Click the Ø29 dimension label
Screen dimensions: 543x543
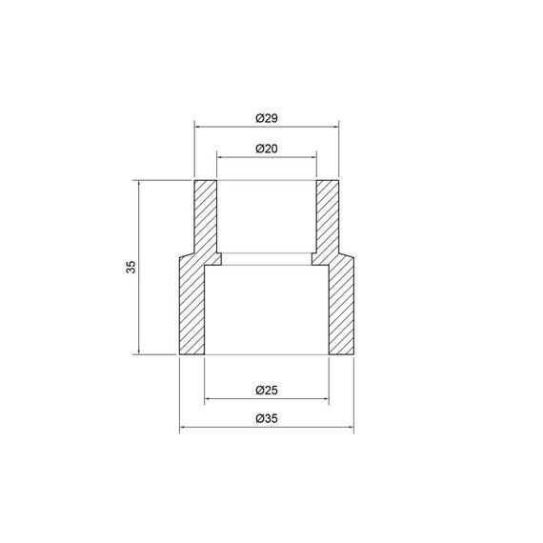pos(266,118)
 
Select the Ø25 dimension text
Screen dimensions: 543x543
pos(266,391)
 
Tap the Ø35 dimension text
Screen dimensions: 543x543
pos(266,419)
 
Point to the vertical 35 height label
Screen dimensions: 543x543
pos(131,268)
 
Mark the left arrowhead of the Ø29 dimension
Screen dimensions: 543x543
pos(198,125)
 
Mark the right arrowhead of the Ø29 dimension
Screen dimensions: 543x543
pos(335,125)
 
